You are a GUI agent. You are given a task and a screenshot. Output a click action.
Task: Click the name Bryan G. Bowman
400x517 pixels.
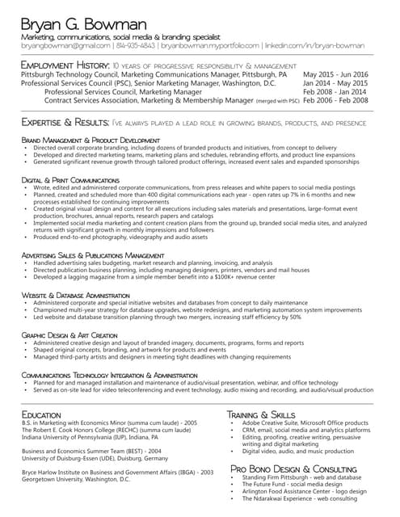pyautogui.click(x=84, y=23)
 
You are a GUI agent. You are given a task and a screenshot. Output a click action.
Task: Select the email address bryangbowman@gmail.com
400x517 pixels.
pyautogui.click(x=65, y=47)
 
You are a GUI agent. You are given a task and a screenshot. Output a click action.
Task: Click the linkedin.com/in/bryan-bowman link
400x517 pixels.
pyautogui.click(x=315, y=47)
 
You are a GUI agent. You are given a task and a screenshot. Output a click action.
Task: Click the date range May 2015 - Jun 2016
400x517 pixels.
pyautogui.click(x=335, y=74)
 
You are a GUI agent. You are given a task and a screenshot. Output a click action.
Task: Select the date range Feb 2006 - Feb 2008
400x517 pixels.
pyautogui.click(x=335, y=101)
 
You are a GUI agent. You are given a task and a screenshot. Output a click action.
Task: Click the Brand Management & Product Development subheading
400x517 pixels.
pyautogui.click(x=91, y=141)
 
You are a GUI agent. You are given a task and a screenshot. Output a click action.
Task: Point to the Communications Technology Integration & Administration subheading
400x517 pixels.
pyautogui.click(x=109, y=376)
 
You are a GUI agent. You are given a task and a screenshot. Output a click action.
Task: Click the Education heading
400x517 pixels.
pyautogui.click(x=41, y=414)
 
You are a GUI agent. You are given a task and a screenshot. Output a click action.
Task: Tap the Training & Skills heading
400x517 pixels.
pyautogui.click(x=266, y=414)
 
